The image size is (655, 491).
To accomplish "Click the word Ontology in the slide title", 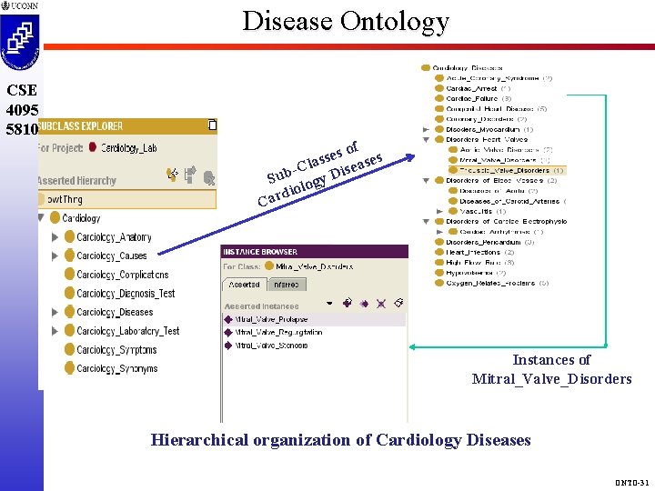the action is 394,20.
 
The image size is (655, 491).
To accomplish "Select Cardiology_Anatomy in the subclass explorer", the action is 114,237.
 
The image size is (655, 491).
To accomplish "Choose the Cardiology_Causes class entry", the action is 111,256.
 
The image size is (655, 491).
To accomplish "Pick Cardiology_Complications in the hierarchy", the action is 122,275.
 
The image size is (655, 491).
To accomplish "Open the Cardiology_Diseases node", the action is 115,313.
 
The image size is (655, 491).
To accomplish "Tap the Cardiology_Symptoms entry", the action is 116,350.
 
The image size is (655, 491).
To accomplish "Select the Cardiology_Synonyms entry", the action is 116,369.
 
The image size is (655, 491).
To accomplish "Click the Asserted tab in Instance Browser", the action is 243,285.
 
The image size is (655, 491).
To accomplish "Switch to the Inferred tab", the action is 287,285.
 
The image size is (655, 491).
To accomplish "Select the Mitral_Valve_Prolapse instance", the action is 271,319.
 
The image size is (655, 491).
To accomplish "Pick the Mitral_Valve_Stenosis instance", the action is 271,346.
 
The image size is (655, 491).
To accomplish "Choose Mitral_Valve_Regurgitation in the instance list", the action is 278,333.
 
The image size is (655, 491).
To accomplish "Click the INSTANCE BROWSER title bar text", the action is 260,252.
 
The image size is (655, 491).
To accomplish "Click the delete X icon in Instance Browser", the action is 382,303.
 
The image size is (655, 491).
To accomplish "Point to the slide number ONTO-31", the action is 632,482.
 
